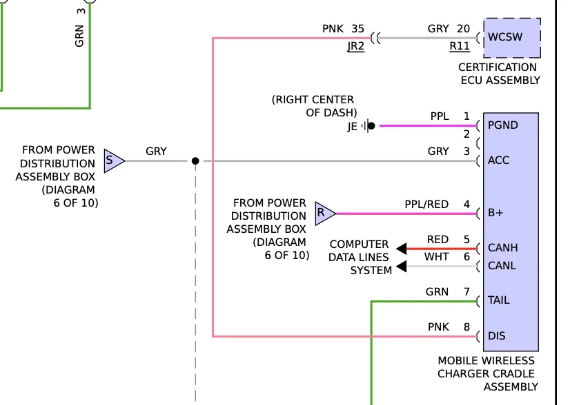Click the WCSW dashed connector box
pos(512,37)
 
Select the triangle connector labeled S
pos(112,161)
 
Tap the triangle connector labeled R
pos(324,214)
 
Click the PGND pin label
pos(502,125)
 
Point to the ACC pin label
pos(498,160)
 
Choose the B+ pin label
pos(495,214)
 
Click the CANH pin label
pos(502,248)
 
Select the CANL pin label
pos(502,266)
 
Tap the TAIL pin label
pos(500,301)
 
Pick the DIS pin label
pos(496,336)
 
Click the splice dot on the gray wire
pos(195,161)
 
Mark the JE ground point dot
pos(371,126)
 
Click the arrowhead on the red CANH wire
pos(401,249)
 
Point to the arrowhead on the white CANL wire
pos(401,267)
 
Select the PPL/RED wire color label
pos(426,205)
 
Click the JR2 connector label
pos(355,46)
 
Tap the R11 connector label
pos(460,46)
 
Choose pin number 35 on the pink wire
pos(357,29)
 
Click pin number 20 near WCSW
pos(463,29)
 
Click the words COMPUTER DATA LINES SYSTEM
pos(360,258)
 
